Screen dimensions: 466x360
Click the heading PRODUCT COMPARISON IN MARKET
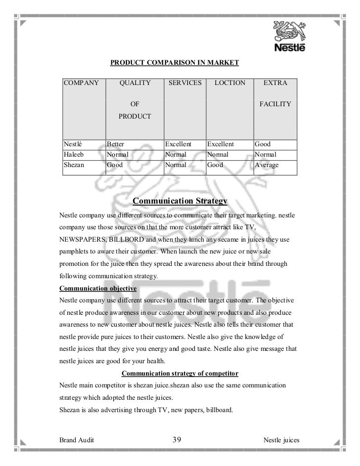pos(174,63)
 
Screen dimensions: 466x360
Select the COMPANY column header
pos(81,83)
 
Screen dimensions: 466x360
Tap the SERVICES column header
pos(185,83)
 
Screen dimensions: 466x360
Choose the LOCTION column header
pos(229,83)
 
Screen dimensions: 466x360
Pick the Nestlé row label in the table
pos(72,144)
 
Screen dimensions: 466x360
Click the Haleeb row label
pos(73,155)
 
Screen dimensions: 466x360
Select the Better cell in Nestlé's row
pos(116,144)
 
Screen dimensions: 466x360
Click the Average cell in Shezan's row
pos(267,165)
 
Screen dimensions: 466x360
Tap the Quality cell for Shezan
pos(115,165)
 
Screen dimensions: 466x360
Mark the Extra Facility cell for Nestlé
pos(263,144)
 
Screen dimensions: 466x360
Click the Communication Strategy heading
pos(180,202)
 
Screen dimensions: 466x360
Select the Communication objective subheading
pos(98,288)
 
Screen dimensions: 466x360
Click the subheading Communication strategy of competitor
pos(180,373)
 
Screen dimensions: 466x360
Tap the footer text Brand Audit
pos(77,439)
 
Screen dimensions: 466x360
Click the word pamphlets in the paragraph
pos(76,252)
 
